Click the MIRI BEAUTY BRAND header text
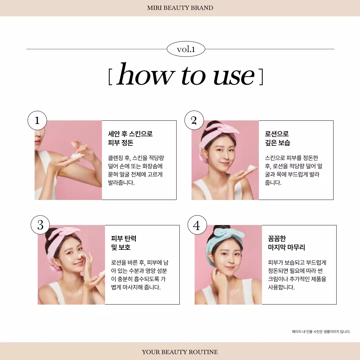click(180, 8)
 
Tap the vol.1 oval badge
click(186, 49)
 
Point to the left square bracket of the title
click(110, 76)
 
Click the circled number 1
click(37, 120)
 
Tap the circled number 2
click(194, 120)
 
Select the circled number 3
click(40, 225)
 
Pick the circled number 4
click(197, 225)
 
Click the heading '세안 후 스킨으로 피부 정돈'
click(130, 138)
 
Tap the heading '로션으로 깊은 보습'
click(277, 138)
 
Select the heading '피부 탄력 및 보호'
click(123, 243)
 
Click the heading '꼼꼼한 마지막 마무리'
click(286, 243)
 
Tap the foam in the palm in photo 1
click(76, 156)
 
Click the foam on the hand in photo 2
click(251, 168)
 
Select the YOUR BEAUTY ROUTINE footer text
click(180, 352)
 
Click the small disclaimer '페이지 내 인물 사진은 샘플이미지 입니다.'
click(321, 332)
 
